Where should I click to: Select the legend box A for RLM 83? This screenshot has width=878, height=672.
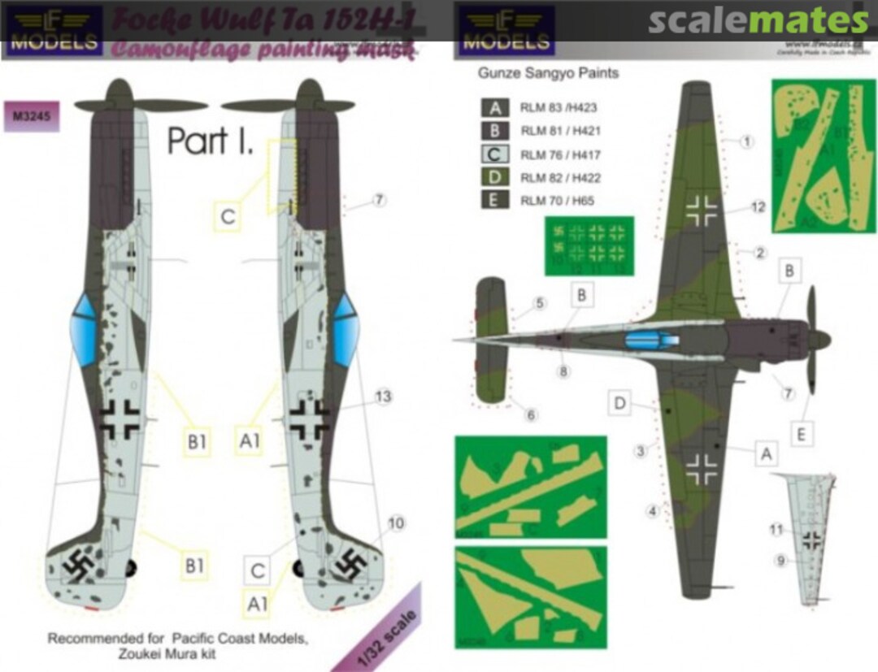pos(494,107)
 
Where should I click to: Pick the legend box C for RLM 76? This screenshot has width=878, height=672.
pos(494,154)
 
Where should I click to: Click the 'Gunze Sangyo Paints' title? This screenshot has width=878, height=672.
pos(549,73)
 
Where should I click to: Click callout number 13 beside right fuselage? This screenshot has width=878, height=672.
pos(384,397)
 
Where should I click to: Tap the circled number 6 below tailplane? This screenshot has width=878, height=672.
pos(531,415)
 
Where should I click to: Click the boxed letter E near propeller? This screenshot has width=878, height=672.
pos(802,434)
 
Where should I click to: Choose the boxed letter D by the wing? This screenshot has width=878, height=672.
pos(619,401)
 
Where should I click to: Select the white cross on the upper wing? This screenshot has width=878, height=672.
pos(701,210)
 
